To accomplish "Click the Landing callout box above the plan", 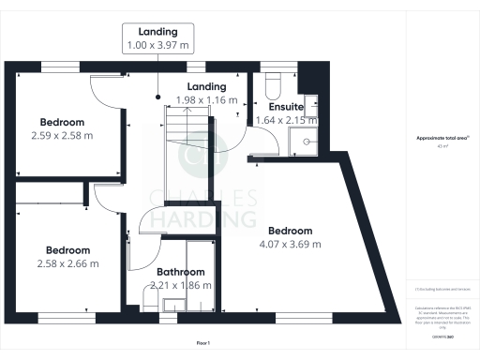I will click(x=157, y=37).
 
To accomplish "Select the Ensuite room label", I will click(x=285, y=108).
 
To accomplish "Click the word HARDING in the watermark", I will click(x=202, y=219).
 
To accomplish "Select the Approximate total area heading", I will click(x=442, y=139).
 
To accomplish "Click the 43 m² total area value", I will click(x=442, y=146).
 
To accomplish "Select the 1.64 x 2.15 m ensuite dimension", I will click(x=287, y=120).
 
